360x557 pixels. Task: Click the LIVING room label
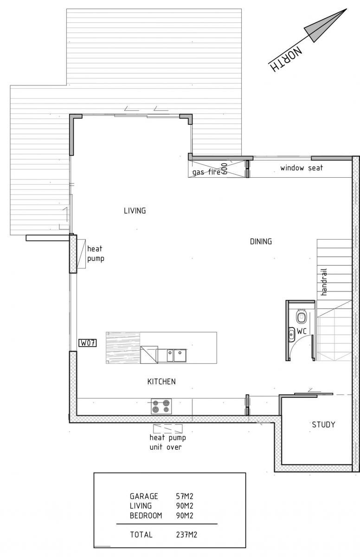point(135,211)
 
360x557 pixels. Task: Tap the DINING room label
point(261,241)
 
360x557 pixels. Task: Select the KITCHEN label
point(161,382)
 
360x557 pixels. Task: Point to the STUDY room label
point(323,424)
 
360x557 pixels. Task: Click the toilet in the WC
point(302,317)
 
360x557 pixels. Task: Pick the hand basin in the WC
point(291,335)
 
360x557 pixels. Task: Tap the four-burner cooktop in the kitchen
point(161,406)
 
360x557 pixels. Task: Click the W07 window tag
point(88,343)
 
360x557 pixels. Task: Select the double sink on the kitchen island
point(177,356)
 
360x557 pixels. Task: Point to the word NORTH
point(286,60)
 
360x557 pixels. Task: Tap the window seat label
point(302,168)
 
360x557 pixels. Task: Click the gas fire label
point(206,172)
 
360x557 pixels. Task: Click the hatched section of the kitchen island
point(123,348)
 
